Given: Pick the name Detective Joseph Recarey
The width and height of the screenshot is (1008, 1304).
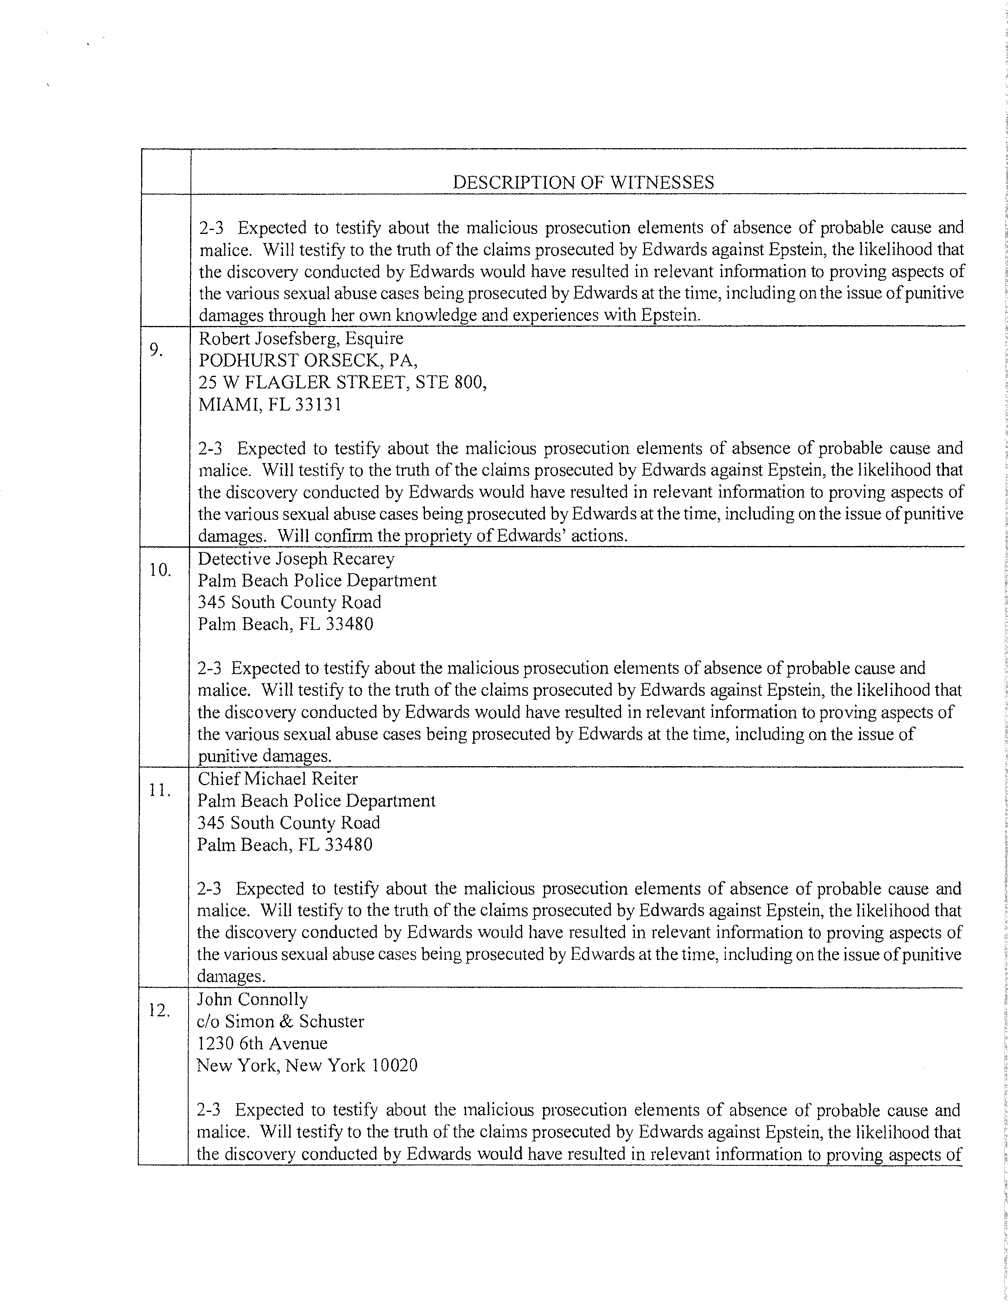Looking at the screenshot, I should (296, 559).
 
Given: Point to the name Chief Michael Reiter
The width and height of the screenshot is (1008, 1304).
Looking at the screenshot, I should (277, 778).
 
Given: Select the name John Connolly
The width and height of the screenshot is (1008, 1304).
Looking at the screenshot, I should (253, 999).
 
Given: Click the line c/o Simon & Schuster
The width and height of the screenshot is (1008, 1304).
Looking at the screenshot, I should (281, 1021).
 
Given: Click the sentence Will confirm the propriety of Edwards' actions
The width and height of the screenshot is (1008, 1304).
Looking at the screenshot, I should (453, 535).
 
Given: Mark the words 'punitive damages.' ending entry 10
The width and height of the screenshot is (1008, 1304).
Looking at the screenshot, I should (264, 756).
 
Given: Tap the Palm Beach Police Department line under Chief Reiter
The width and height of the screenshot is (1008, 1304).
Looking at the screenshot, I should (317, 801).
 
